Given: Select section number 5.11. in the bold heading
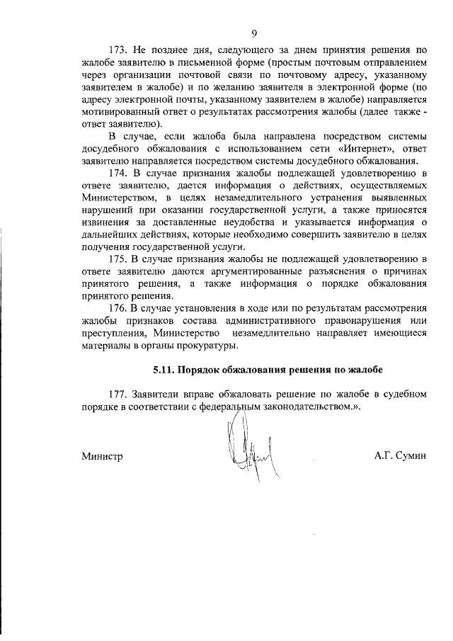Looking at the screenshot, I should click(164, 370).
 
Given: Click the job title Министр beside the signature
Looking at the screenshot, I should click(102, 456).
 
